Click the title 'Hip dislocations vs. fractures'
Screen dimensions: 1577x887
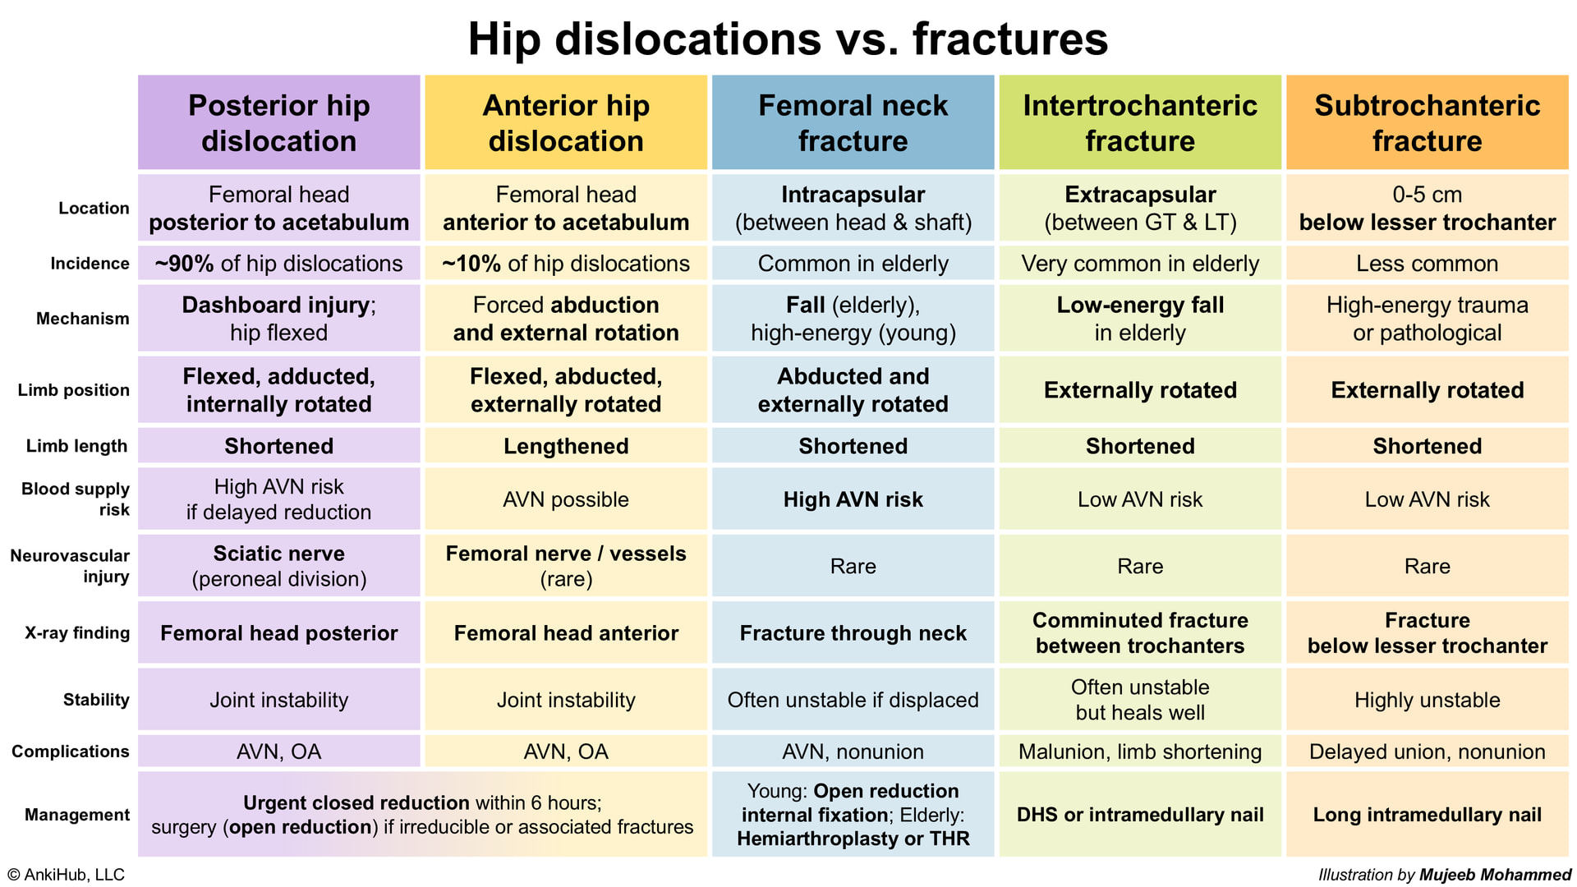(788, 39)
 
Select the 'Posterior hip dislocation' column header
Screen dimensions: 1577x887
(279, 122)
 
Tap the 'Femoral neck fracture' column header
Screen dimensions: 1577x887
(853, 122)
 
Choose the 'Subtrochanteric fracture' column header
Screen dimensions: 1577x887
(1428, 122)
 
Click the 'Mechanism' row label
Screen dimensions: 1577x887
(82, 319)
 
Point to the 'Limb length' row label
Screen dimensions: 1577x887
(76, 446)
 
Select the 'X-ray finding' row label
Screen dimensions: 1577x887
(77, 632)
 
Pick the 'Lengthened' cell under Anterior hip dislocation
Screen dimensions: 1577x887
(566, 446)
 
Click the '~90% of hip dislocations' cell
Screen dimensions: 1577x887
(279, 264)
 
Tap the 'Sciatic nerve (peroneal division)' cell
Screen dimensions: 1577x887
(279, 566)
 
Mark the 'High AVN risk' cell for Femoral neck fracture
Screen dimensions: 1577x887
(853, 499)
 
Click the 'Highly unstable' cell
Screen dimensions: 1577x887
(1428, 700)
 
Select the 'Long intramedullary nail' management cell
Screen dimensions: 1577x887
(1428, 815)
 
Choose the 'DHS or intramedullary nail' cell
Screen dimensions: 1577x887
(1140, 815)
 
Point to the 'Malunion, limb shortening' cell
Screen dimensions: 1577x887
(1140, 751)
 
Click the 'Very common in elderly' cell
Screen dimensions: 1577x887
(1140, 264)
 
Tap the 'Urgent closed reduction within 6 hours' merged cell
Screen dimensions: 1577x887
(422, 815)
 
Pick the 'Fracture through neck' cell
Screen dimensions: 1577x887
(853, 632)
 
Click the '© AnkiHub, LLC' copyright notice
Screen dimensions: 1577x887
(66, 875)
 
